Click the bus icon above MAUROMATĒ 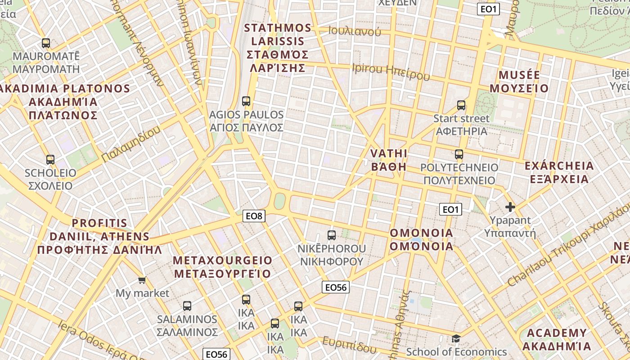(x=46, y=43)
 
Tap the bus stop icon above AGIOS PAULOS (x=246, y=101)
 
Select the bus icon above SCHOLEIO (x=50, y=160)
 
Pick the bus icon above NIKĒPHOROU (x=332, y=235)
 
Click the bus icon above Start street (x=461, y=106)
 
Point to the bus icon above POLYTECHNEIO (x=459, y=154)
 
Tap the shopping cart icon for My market (x=142, y=280)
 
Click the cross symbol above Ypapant (x=510, y=207)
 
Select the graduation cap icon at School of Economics (x=456, y=338)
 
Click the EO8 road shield (x=254, y=216)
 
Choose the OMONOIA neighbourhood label (x=422, y=239)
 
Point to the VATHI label (x=389, y=160)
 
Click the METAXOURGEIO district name (x=223, y=267)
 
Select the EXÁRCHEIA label (x=559, y=172)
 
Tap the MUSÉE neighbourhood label (x=519, y=81)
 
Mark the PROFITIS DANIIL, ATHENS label (x=99, y=236)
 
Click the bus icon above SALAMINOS (x=187, y=306)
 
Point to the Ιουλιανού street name (x=355, y=31)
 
